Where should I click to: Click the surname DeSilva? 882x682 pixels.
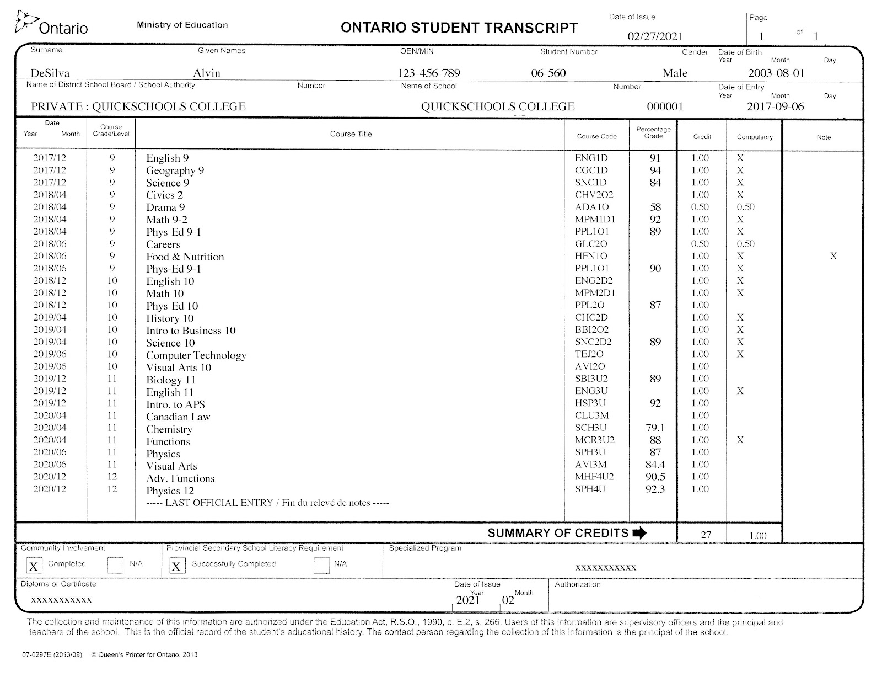50,73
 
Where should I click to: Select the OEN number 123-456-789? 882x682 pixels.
428,73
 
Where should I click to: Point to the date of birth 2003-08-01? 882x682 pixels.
776,73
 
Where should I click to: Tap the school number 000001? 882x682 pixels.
665,107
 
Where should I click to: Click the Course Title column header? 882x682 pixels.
351,134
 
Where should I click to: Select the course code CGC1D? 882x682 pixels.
591,171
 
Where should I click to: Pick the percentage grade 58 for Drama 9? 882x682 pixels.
655,207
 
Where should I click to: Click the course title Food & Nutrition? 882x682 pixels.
185,257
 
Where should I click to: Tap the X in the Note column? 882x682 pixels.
833,256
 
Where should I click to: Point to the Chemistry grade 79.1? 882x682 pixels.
655,428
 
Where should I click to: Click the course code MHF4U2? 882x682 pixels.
594,477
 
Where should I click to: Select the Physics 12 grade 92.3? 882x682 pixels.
655,489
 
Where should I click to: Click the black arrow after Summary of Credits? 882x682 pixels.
639,533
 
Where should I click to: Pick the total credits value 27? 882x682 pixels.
706,535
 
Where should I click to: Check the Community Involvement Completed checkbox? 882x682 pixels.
34,566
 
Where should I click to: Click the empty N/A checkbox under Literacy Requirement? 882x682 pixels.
321,566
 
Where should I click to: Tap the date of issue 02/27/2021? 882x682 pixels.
655,37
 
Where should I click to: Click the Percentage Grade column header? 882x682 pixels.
653,133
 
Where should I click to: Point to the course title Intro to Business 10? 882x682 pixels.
191,331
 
